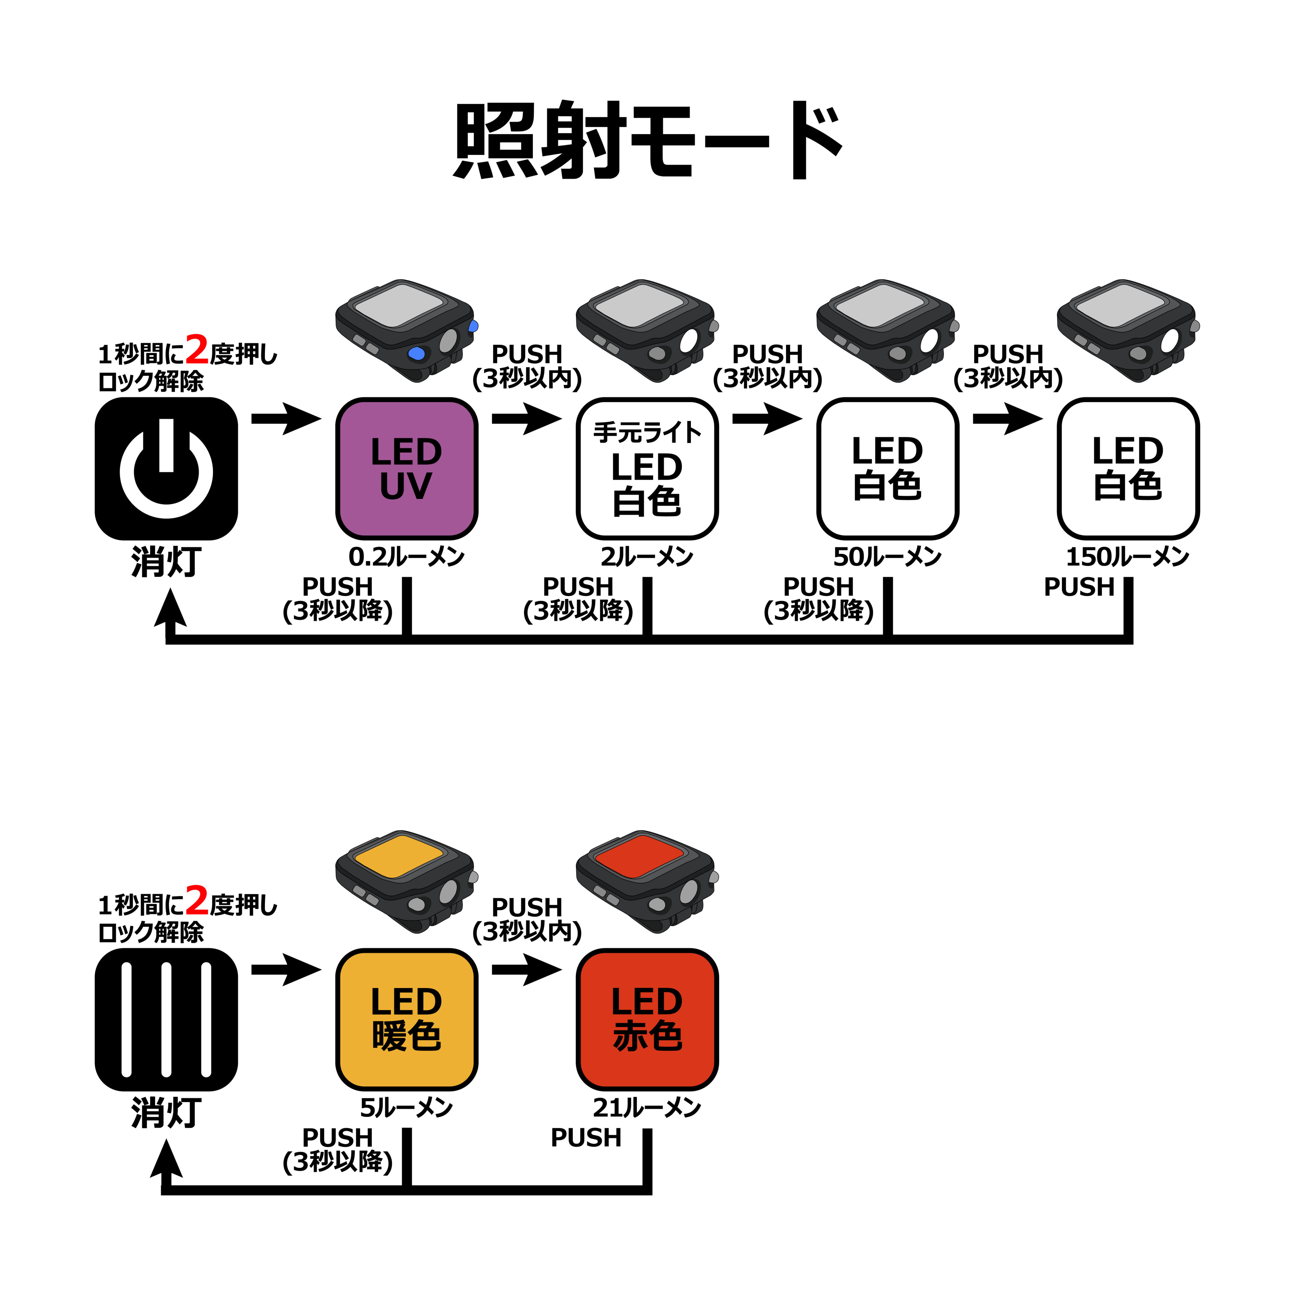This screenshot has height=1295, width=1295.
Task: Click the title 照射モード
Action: coord(647,141)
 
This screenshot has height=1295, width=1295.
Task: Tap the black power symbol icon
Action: coord(166,468)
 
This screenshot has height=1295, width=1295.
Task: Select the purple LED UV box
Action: coord(406,468)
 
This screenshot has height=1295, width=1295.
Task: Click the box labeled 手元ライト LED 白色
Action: coord(647,468)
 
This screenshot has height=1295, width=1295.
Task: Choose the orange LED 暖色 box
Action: coord(406,1019)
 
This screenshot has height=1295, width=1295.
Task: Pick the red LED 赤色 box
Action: coord(647,1019)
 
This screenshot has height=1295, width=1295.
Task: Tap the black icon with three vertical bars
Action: coord(166,1019)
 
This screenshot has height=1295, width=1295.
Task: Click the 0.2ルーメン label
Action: coord(406,556)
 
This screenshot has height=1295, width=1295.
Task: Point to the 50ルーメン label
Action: coord(887,556)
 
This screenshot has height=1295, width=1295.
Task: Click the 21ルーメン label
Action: coord(647,1107)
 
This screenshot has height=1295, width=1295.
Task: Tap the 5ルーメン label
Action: coord(406,1107)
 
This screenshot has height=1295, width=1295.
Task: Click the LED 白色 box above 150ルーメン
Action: coord(1128,468)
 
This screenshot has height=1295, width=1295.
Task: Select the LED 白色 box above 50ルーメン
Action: coord(887,468)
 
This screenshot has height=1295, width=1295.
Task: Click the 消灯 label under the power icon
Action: coord(166,562)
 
